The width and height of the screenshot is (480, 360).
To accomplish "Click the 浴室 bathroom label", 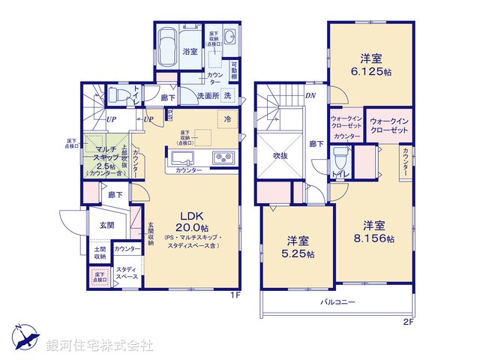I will (190, 51).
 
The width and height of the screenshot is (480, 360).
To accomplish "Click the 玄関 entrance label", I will (106, 225).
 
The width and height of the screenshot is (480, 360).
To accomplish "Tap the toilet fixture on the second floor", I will (340, 157).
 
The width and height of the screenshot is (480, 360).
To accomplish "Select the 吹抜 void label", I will (280, 156).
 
